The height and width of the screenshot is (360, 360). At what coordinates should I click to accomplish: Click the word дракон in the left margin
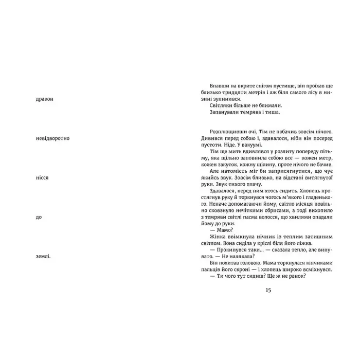(x=42, y=99)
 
